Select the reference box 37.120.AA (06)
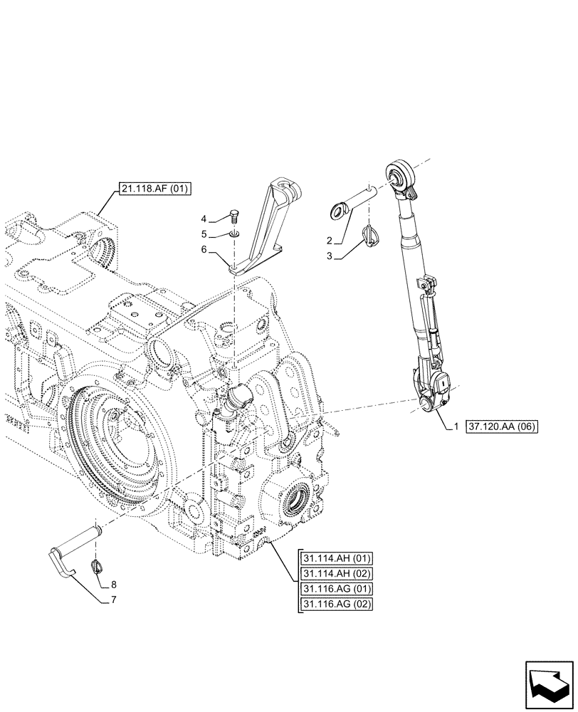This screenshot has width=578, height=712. [x=502, y=427]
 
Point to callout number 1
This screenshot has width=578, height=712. [x=456, y=427]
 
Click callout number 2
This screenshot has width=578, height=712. [x=328, y=241]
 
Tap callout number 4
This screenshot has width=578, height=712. [x=204, y=219]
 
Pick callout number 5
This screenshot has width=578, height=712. [x=204, y=234]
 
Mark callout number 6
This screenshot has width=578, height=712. [x=204, y=249]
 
